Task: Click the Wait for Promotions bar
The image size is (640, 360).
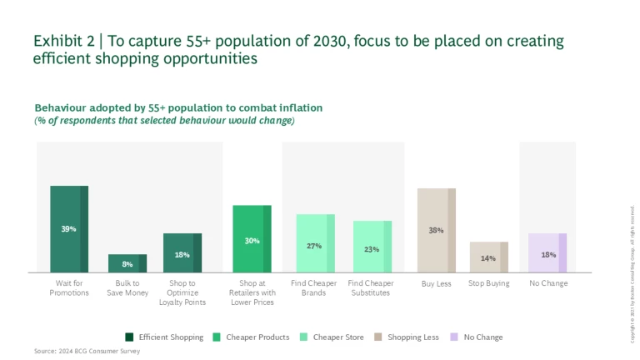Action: pyautogui.click(x=69, y=228)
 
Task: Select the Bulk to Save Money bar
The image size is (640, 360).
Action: pyautogui.click(x=127, y=263)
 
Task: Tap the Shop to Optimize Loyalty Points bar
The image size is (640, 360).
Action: pyautogui.click(x=182, y=252)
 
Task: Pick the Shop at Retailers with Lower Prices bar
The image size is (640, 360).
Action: pyautogui.click(x=252, y=238)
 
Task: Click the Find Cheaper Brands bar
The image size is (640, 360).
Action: pyautogui.click(x=315, y=242)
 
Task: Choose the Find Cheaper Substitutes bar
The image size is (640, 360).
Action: pyautogui.click(x=372, y=246)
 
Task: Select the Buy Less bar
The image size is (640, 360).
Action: pyautogui.click(x=436, y=230)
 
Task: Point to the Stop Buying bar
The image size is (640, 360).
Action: pyautogui.click(x=488, y=257)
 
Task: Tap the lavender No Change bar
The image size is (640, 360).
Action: pyautogui.click(x=547, y=252)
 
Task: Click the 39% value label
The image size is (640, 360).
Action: pyautogui.click(x=69, y=228)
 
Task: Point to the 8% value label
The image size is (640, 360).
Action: pyautogui.click(x=127, y=264)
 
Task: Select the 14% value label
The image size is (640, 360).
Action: pyautogui.click(x=488, y=258)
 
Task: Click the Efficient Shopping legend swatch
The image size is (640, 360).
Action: pyautogui.click(x=130, y=337)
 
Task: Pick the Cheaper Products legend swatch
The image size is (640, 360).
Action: pyautogui.click(x=217, y=337)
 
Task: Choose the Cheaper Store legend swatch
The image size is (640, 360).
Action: pyautogui.click(x=305, y=337)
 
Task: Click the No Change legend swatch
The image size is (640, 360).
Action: pyautogui.click(x=455, y=337)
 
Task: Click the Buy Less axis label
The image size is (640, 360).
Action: pyautogui.click(x=436, y=283)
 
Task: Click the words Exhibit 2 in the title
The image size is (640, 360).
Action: pyautogui.click(x=62, y=40)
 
